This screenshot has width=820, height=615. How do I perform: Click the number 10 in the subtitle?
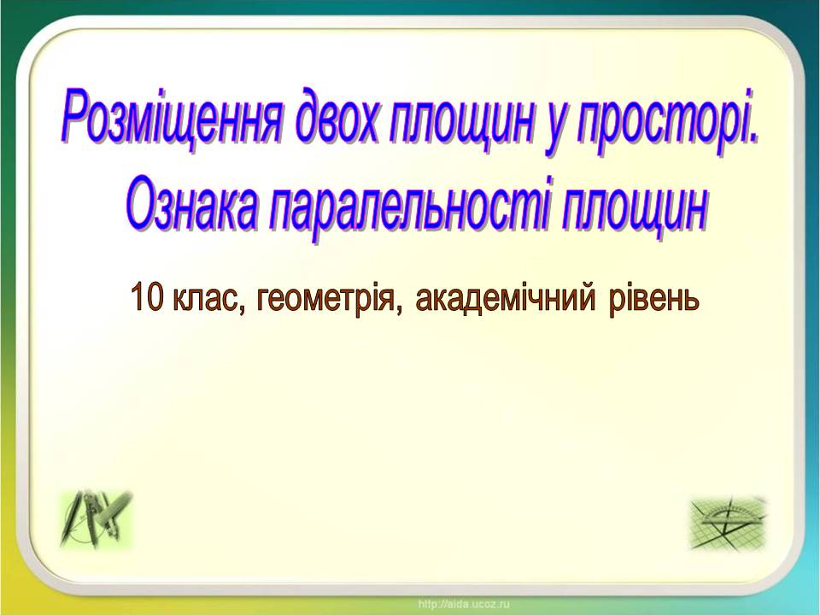pos(148,297)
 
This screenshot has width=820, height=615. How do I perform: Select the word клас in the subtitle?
pos(205,299)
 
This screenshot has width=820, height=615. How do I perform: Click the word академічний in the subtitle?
pos(505,299)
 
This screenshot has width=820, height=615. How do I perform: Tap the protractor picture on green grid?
pos(728,523)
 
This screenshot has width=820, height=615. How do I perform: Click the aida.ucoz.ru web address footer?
pos(463,604)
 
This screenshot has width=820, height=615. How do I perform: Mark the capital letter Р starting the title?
pos(82,116)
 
